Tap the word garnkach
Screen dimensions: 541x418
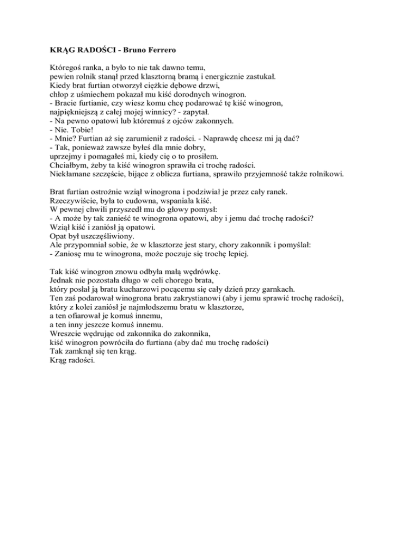click(287, 290)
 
